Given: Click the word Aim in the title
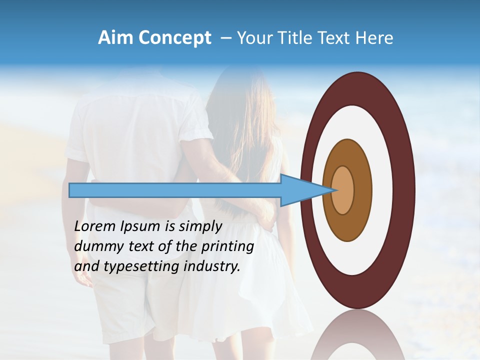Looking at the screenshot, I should [115, 38].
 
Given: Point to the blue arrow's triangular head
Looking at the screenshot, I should [305, 190].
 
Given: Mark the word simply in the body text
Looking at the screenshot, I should [199, 227].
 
